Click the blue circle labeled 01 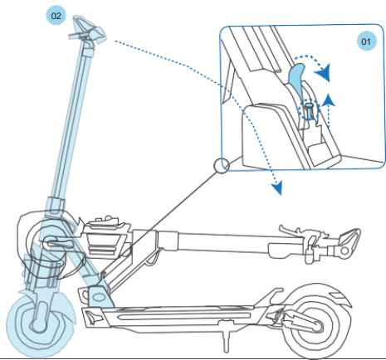click(x=363, y=41)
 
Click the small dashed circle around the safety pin click(x=307, y=109)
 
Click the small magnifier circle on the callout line click(x=220, y=165)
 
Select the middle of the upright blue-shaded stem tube click(x=71, y=124)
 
